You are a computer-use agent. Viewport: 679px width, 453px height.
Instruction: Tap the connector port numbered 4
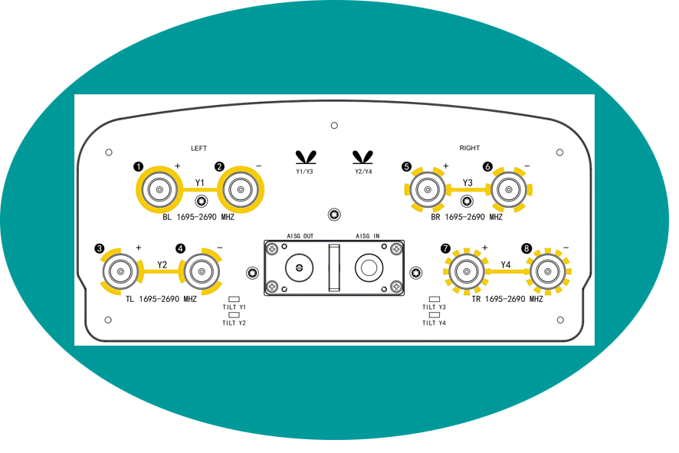click(202, 271)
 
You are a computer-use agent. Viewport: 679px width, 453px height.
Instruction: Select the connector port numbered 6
click(509, 189)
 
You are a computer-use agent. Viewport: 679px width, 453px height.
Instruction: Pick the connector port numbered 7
click(467, 271)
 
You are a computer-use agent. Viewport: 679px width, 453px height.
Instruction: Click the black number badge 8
click(526, 248)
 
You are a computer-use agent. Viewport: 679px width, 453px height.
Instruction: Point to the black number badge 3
click(100, 248)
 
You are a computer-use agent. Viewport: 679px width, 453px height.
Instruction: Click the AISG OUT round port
click(299, 268)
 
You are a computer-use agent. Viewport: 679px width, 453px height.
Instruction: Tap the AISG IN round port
click(369, 268)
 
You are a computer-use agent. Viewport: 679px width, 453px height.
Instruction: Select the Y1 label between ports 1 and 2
click(199, 182)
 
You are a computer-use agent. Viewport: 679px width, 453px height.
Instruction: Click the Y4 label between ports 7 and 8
click(505, 264)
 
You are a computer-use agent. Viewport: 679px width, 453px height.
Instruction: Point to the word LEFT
click(198, 149)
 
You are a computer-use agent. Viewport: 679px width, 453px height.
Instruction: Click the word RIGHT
click(470, 148)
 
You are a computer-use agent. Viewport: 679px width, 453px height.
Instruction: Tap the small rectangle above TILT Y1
click(234, 299)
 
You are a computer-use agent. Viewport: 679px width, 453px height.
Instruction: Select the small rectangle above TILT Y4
click(434, 315)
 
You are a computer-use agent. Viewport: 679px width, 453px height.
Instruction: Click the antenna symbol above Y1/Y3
click(306, 157)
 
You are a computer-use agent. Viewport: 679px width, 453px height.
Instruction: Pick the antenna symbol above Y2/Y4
click(362, 157)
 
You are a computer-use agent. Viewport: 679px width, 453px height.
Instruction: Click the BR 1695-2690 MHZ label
click(467, 217)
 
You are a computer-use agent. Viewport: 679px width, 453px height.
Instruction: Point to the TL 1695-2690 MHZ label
click(161, 299)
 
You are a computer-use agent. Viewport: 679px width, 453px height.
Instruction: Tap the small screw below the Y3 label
click(467, 202)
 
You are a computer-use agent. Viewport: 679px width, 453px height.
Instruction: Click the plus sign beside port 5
click(445, 166)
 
